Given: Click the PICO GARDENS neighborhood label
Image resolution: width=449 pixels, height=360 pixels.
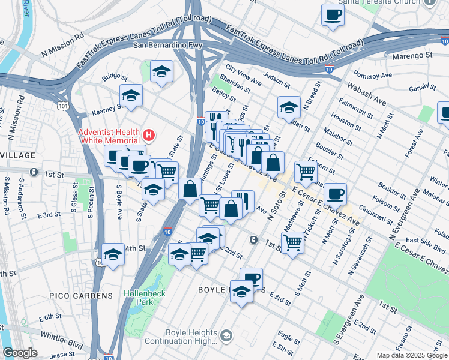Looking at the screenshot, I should [x=86, y=296].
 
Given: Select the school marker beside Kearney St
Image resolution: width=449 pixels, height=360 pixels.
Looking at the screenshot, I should [x=131, y=95].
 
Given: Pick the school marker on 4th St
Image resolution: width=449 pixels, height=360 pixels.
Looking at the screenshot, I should [x=113, y=253].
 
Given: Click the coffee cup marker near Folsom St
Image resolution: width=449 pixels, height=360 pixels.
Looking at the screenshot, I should [x=335, y=193].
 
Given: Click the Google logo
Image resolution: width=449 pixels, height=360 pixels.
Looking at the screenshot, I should [x=20, y=353].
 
